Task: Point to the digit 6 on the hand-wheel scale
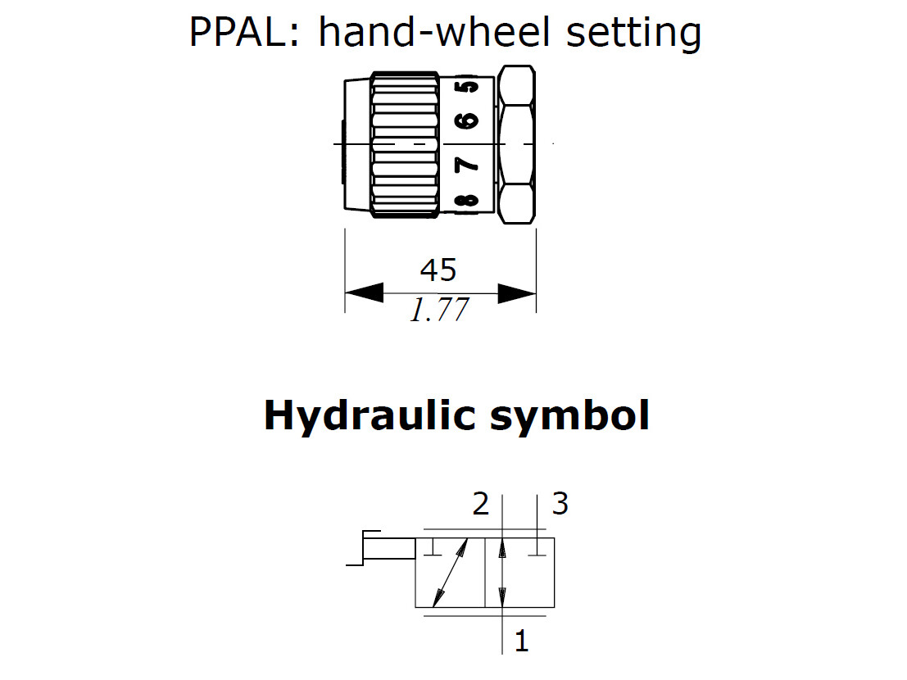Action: (466, 120)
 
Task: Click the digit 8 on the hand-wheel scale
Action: (466, 202)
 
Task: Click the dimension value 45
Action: (438, 270)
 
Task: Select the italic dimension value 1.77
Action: (439, 311)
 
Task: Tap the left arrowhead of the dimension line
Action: (362, 292)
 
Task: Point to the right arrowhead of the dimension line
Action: (518, 292)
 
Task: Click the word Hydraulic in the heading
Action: (370, 416)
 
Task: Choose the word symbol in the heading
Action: (569, 416)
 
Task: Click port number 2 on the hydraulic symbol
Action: (480, 504)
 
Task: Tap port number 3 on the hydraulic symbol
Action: (560, 504)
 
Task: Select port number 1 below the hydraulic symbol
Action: (521, 640)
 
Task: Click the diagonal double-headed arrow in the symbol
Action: (450, 573)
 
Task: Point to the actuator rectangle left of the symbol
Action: (390, 546)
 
